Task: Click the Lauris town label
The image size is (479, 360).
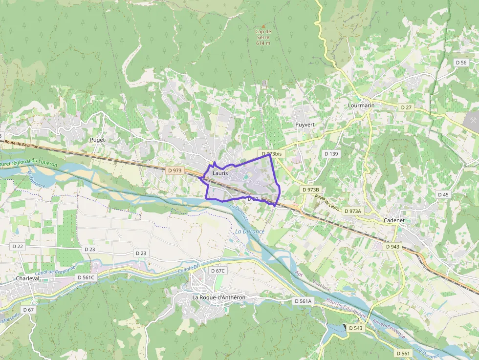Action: pyautogui.click(x=220, y=173)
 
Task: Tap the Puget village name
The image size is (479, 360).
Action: pyautogui.click(x=97, y=140)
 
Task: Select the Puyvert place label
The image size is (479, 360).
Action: pyautogui.click(x=305, y=125)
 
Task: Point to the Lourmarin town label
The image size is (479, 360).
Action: pyautogui.click(x=361, y=106)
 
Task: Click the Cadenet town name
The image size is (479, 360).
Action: pyautogui.click(x=394, y=220)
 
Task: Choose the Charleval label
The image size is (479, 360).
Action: pyautogui.click(x=27, y=278)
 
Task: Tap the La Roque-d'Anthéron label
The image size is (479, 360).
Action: pyautogui.click(x=218, y=297)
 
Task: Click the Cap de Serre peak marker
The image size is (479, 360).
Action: pyautogui.click(x=263, y=26)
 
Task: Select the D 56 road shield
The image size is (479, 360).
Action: pyautogui.click(x=461, y=63)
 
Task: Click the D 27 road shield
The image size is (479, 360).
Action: pyautogui.click(x=406, y=107)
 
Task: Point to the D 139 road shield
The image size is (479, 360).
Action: pyautogui.click(x=331, y=154)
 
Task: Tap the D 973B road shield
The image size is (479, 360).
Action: pyautogui.click(x=311, y=190)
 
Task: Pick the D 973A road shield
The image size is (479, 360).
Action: pyautogui.click(x=353, y=211)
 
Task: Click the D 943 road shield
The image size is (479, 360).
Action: pyautogui.click(x=392, y=247)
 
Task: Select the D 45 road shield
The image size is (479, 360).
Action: pyautogui.click(x=443, y=194)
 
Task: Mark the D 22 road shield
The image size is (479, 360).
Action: pyautogui.click(x=18, y=247)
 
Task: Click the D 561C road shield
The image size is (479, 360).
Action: pyautogui.click(x=86, y=277)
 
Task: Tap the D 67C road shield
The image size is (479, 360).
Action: pyautogui.click(x=218, y=271)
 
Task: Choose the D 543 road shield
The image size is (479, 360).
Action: pyautogui.click(x=356, y=328)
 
